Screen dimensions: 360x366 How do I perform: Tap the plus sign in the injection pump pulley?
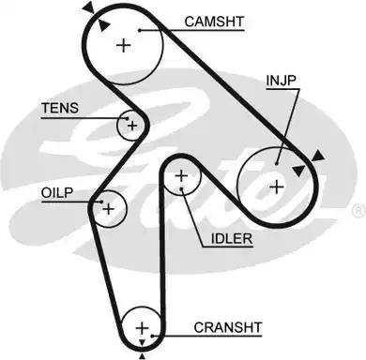(276, 185)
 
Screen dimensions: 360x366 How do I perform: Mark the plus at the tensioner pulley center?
(132, 125)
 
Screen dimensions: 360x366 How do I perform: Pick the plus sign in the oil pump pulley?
(108, 207)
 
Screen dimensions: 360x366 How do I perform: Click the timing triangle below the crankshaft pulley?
(142, 355)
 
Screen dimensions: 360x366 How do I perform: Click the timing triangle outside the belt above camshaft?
(87, 7)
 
